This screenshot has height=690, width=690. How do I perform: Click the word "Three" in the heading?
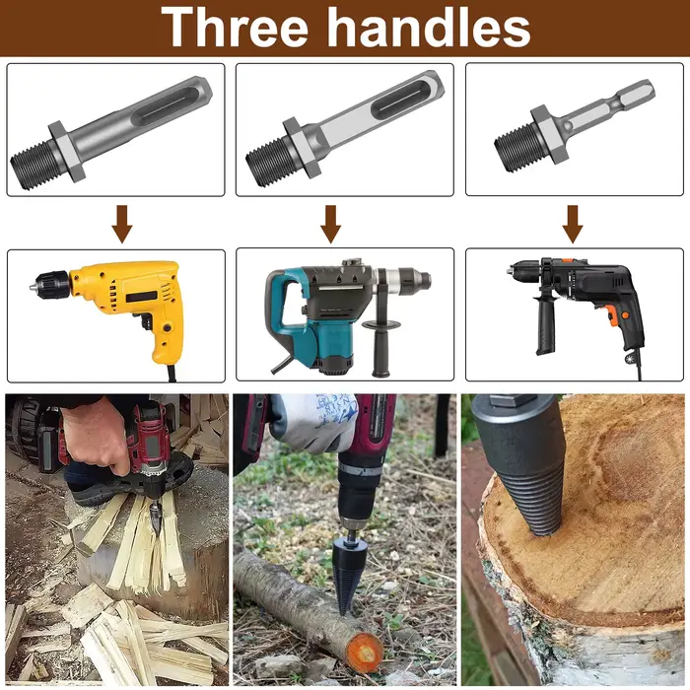point(235,28)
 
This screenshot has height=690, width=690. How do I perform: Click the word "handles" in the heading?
point(429,28)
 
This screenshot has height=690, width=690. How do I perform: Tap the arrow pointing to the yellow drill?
point(122,224)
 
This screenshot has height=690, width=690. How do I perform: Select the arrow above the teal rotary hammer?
point(330,224)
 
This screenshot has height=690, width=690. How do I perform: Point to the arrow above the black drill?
point(573,224)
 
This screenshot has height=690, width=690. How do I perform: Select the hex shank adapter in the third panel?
point(574,126)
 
